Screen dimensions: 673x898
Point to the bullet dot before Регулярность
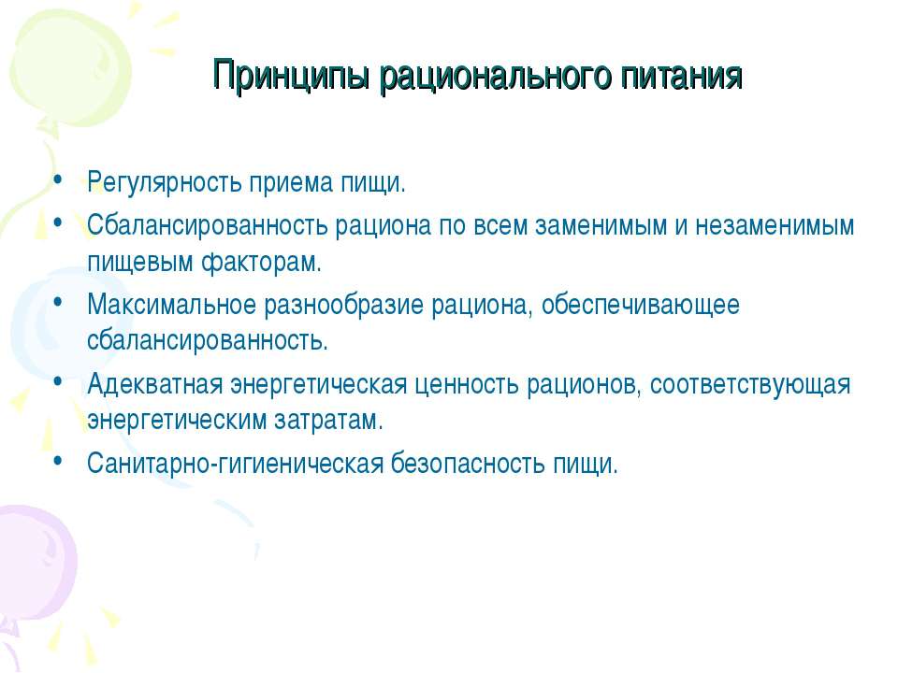click(59, 178)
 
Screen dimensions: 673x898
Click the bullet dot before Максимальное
click(59, 303)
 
